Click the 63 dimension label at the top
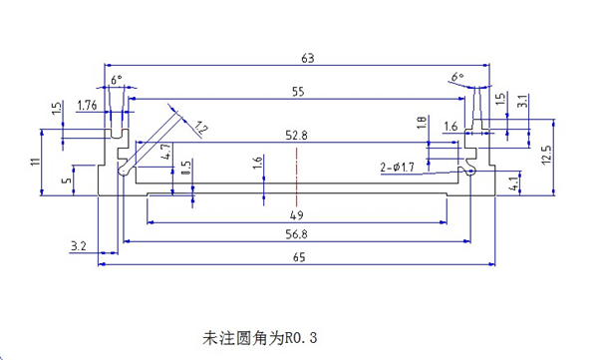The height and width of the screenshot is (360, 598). click(307, 59)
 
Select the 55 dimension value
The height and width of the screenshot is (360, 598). click(298, 92)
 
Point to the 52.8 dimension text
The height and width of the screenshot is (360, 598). click(296, 136)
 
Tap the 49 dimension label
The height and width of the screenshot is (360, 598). click(296, 215)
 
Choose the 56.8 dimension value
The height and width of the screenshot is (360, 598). click(296, 234)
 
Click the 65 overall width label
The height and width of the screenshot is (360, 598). click(299, 257)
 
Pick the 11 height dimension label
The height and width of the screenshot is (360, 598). click(36, 162)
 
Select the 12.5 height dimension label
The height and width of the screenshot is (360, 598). click(546, 155)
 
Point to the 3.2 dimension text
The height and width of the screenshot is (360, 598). click(78, 246)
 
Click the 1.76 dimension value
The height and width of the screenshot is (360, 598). click(87, 105)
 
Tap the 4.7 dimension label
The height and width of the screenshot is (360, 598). click(166, 152)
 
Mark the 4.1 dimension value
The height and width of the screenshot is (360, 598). click(514, 183)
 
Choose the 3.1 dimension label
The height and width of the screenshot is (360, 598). click(523, 101)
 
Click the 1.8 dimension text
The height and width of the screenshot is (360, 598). click(422, 123)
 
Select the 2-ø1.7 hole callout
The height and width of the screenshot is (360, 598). click(397, 168)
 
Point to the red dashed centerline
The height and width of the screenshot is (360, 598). click(296, 178)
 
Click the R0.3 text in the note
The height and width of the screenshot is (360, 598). click(301, 337)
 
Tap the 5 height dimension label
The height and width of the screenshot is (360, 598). click(67, 180)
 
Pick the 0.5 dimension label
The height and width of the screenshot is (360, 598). click(186, 168)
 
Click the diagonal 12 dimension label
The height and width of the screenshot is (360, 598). click(200, 128)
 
